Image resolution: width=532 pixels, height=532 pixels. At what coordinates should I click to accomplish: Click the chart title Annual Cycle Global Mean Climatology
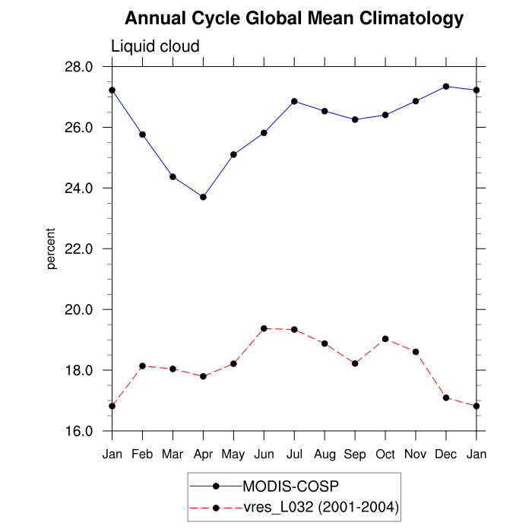coord(294,17)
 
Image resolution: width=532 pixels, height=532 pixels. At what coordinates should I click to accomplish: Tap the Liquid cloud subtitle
coord(155,46)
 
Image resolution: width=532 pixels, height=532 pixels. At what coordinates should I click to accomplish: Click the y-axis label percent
coord(52,249)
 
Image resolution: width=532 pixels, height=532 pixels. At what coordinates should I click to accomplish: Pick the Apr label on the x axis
coord(203,454)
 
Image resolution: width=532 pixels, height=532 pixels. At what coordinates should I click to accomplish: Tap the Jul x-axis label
coord(294,454)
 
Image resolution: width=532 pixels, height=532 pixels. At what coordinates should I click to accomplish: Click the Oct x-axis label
coord(385,454)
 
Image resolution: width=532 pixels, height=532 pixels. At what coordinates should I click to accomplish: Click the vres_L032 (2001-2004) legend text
coord(320,507)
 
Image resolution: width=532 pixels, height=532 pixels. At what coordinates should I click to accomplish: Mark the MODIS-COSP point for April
coord(203,197)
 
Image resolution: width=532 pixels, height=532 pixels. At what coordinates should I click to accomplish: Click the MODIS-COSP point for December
coord(446,87)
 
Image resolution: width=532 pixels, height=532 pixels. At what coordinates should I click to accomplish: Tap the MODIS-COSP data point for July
coord(294,101)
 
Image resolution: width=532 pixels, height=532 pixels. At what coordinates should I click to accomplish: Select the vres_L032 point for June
coord(264,328)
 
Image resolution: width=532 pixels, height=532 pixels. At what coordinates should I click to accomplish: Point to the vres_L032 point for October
coord(385,339)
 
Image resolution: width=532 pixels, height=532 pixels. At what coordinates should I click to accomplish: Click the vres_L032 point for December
coord(446,397)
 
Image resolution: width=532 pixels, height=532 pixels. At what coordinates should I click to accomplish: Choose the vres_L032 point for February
coord(142,366)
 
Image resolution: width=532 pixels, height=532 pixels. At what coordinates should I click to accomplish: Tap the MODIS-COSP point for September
coord(355,119)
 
